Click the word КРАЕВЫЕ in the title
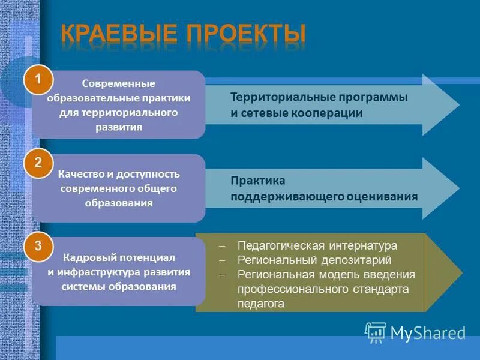(120, 34)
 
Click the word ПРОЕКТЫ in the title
(245, 34)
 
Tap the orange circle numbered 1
(38, 80)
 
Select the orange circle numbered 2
(38, 163)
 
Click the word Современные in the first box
(119, 83)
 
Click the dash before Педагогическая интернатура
(222, 247)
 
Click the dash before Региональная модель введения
(222, 275)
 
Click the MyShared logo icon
(376, 332)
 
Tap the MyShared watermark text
(428, 333)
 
